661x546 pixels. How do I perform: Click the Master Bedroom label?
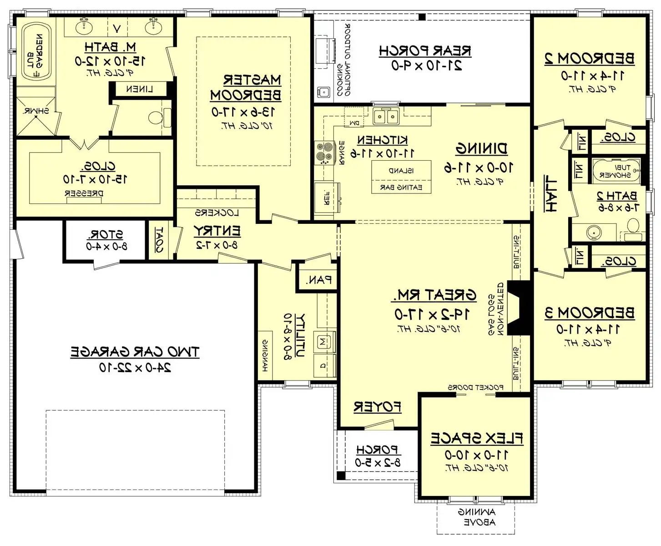(x=245, y=87)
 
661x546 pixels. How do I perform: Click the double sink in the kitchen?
(x=385, y=116)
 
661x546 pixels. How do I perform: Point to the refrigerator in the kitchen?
(x=327, y=197)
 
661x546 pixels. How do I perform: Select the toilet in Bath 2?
(x=632, y=225)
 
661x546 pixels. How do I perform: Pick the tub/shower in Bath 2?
(x=616, y=171)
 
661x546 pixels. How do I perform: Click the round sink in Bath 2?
(x=593, y=232)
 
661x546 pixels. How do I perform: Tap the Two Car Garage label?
(x=135, y=352)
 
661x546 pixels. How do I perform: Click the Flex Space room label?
(x=476, y=438)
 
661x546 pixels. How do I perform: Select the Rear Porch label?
(x=425, y=51)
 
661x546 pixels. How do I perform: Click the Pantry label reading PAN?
(x=318, y=280)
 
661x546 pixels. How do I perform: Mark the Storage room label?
(x=105, y=235)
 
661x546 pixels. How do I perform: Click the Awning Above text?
(x=476, y=517)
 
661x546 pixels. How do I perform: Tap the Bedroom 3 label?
(x=589, y=313)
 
